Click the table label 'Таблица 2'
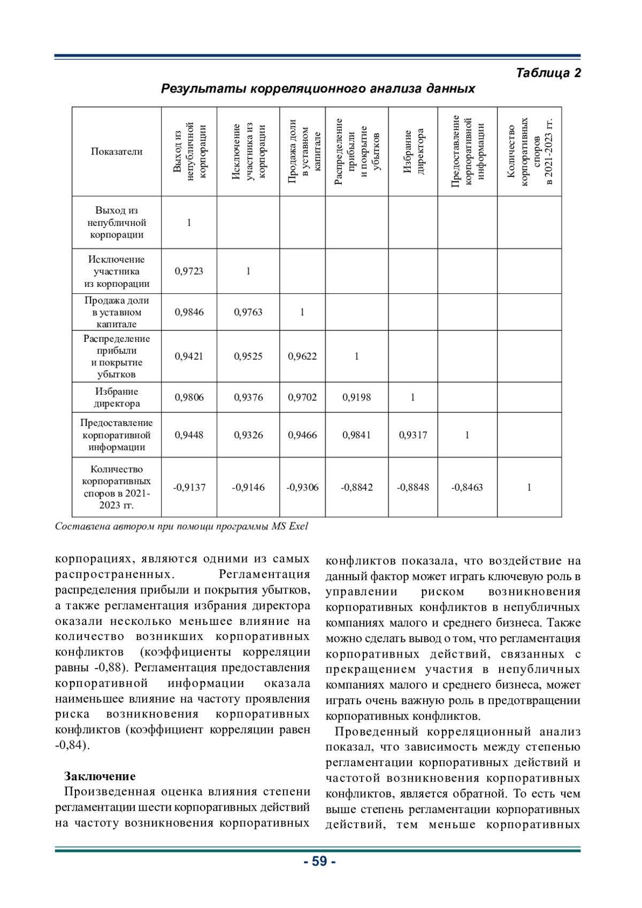548,73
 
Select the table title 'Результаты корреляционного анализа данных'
318,88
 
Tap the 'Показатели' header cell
117,151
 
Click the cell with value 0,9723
189,271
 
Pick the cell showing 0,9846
189,312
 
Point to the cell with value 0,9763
248,312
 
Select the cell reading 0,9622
302,356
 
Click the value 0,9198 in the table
356,398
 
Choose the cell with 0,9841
356,435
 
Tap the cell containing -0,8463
467,487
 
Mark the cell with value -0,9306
302,487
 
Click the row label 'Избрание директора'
117,398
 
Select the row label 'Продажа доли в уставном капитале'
117,312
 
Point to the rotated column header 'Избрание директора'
413,151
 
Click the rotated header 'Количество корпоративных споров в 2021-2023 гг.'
529,151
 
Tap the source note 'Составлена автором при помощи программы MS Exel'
181,527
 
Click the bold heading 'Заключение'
100,776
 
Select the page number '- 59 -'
319,861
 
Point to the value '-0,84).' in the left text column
72,745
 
